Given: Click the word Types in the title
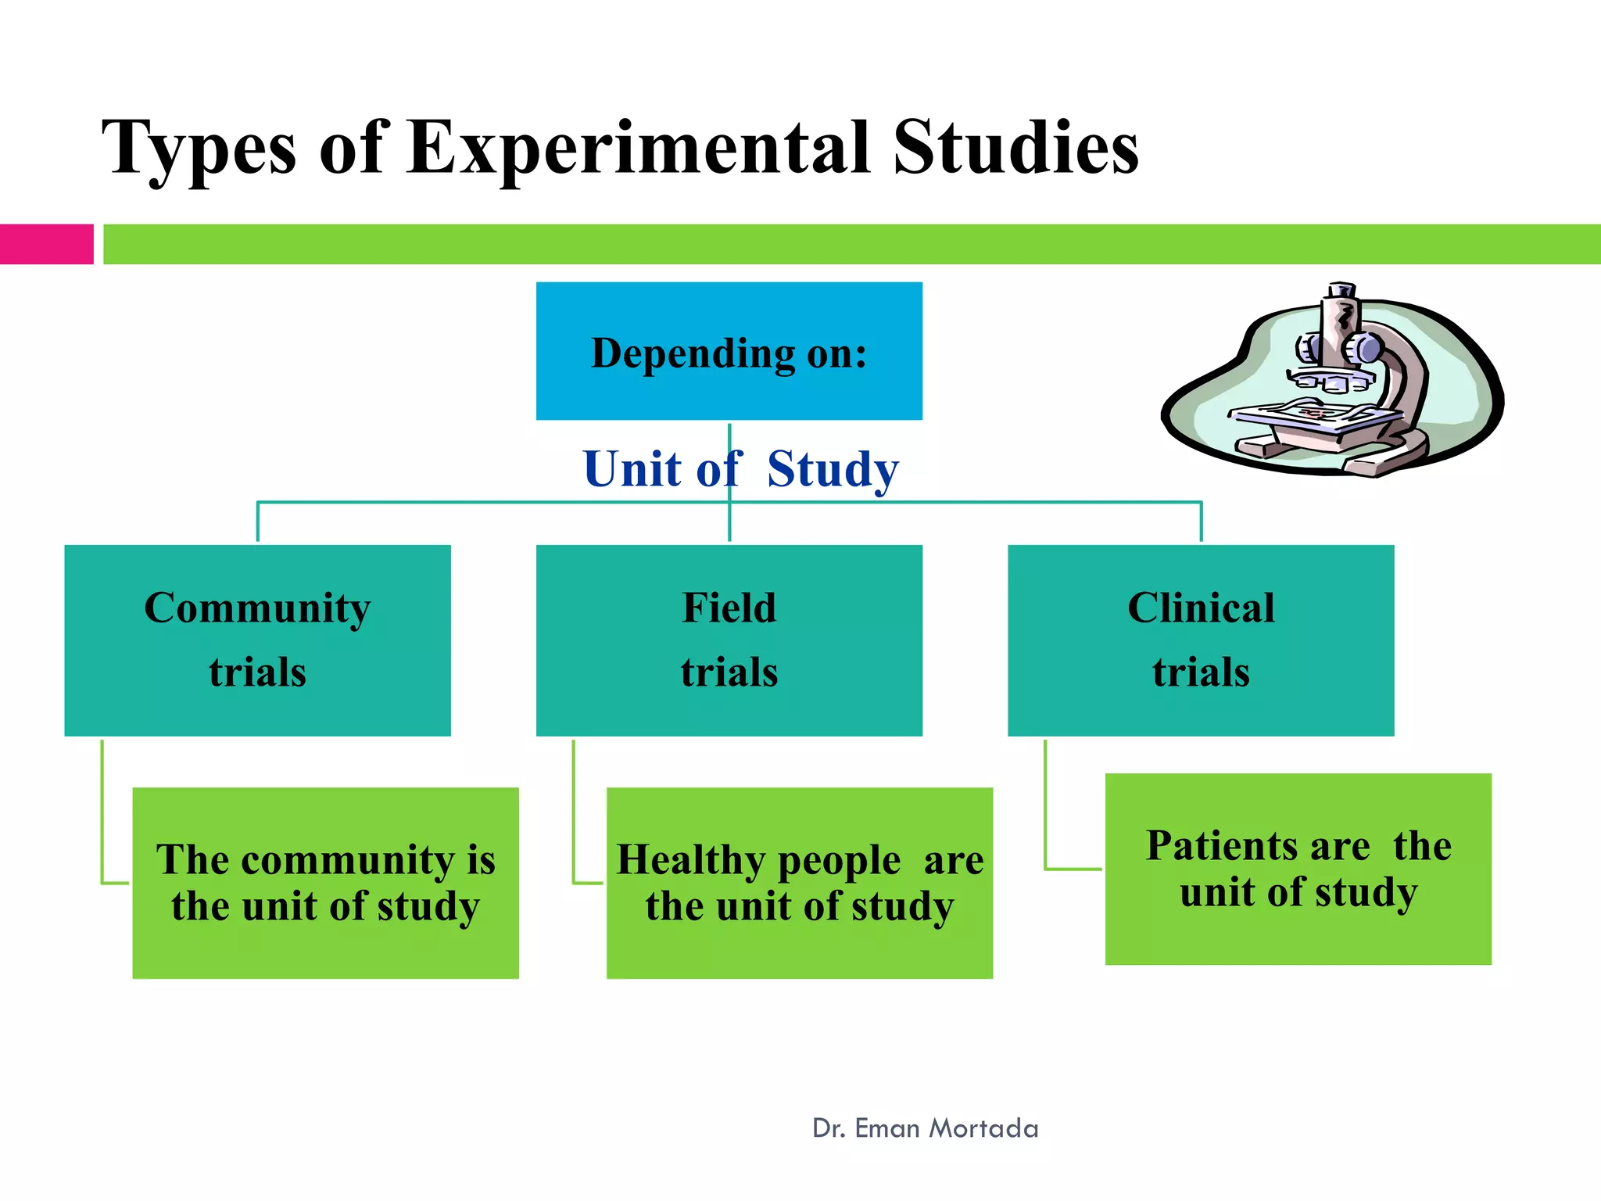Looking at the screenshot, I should pos(199,149).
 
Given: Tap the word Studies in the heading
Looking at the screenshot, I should pos(1015,149).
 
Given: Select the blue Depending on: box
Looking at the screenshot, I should pos(729,351).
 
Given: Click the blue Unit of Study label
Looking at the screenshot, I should pos(740,469).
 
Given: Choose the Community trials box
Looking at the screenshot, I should pos(257,640).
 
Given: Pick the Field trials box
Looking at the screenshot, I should pos(729,640).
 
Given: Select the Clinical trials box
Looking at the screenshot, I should pos(1200,640).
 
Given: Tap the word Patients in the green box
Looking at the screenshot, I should pos(1219,846).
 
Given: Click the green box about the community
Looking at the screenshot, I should pos(325,883).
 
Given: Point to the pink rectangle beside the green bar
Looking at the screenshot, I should pos(46,244).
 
